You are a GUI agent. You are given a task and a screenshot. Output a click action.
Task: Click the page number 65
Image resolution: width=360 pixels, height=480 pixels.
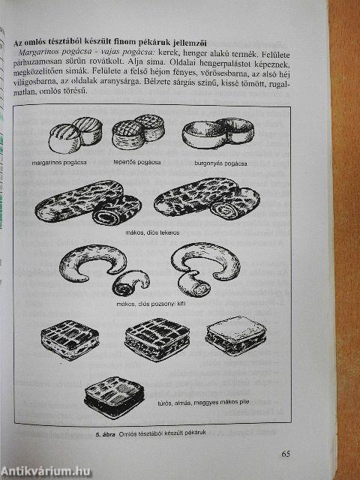286,453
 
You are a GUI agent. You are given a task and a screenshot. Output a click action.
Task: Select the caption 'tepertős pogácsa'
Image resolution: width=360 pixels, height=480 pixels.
140,162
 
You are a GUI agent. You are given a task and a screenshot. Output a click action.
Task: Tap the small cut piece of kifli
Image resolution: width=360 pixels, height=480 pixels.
131,282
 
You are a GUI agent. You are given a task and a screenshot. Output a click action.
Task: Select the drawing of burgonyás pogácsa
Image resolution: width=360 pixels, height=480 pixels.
218,133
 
